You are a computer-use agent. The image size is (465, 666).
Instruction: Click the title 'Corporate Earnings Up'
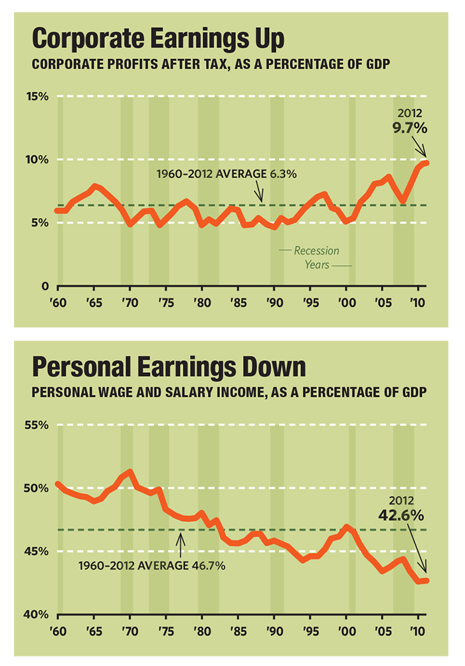click(x=158, y=39)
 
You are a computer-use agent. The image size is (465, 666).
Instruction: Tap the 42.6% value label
click(x=402, y=515)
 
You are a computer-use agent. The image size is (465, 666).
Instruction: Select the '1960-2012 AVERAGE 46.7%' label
click(x=152, y=566)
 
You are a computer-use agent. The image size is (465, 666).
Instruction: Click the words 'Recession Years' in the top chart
click(x=316, y=257)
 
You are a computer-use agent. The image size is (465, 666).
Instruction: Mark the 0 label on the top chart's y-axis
click(x=45, y=286)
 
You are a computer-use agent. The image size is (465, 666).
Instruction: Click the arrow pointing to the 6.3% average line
click(x=261, y=194)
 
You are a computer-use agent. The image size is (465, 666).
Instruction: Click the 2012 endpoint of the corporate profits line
click(x=426, y=163)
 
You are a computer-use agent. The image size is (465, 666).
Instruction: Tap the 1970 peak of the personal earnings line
click(x=130, y=473)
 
